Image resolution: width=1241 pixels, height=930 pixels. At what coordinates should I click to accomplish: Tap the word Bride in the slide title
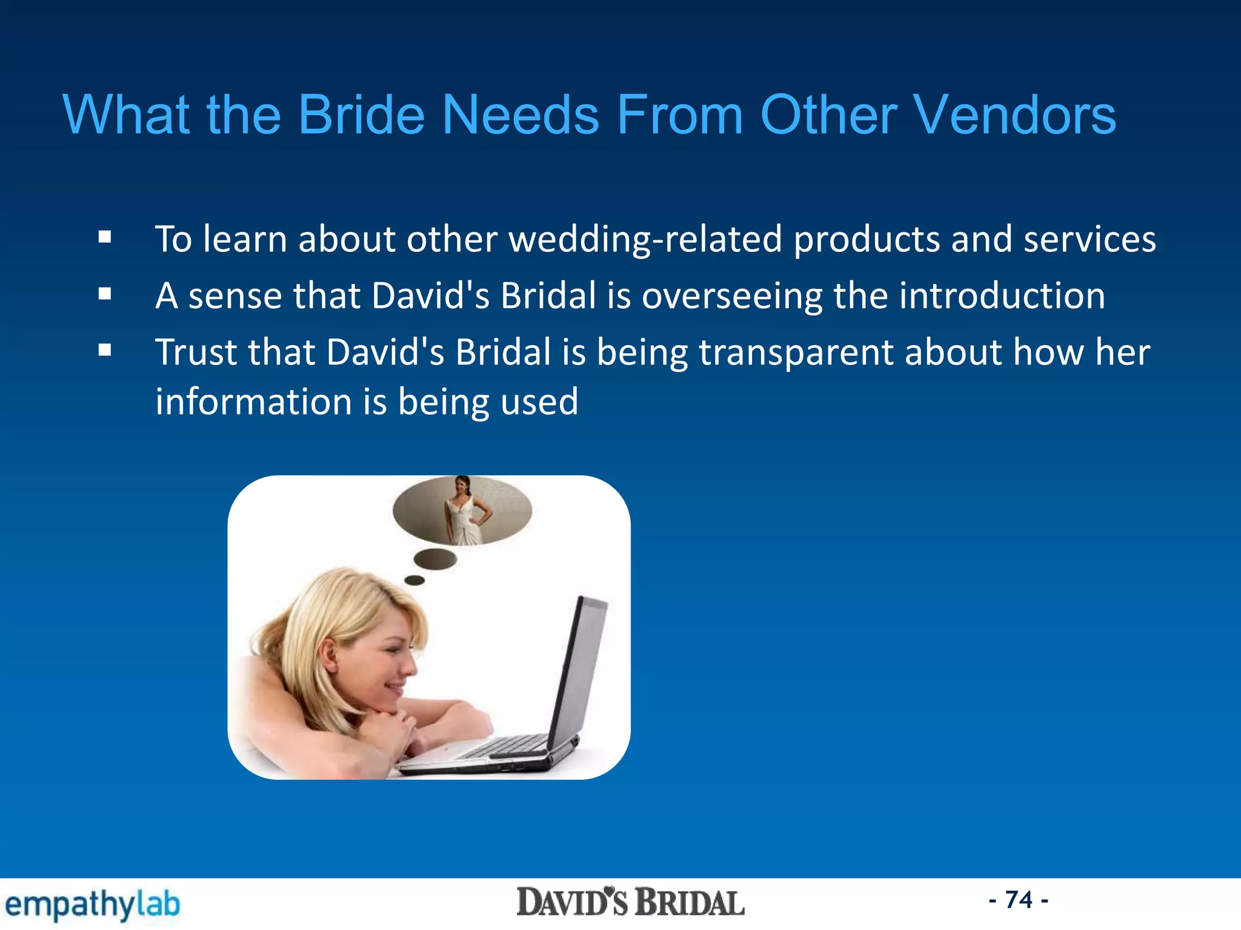pos(361,115)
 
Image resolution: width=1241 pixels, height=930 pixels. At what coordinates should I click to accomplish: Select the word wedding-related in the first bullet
pos(645,239)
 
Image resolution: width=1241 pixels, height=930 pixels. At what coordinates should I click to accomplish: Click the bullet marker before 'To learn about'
pos(105,237)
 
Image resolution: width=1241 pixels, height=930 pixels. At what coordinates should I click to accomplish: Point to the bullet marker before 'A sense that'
pos(105,294)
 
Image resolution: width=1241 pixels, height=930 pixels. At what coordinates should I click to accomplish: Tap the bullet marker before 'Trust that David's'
pos(105,351)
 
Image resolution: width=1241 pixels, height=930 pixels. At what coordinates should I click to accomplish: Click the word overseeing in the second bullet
pos(731,297)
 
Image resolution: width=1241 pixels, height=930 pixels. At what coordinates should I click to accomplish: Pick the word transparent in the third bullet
pos(796,353)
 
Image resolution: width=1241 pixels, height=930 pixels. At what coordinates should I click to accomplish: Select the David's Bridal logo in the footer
pos(630,903)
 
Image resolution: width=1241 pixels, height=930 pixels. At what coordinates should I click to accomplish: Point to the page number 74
pos(1019,900)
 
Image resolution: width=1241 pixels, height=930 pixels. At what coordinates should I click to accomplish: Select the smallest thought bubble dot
pos(414,580)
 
